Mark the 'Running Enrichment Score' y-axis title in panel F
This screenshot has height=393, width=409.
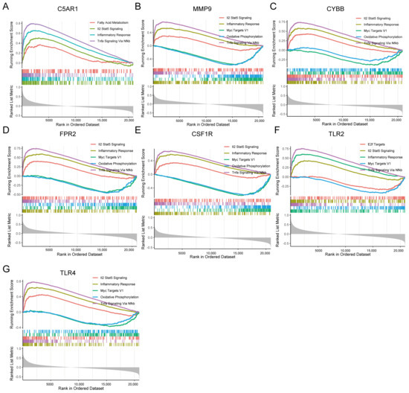[x=277, y=173]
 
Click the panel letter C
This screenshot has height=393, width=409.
[x=275, y=5]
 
